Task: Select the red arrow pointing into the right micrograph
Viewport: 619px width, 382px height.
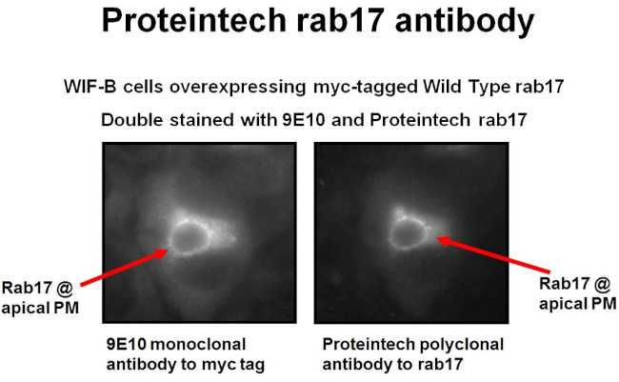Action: click(x=490, y=255)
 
